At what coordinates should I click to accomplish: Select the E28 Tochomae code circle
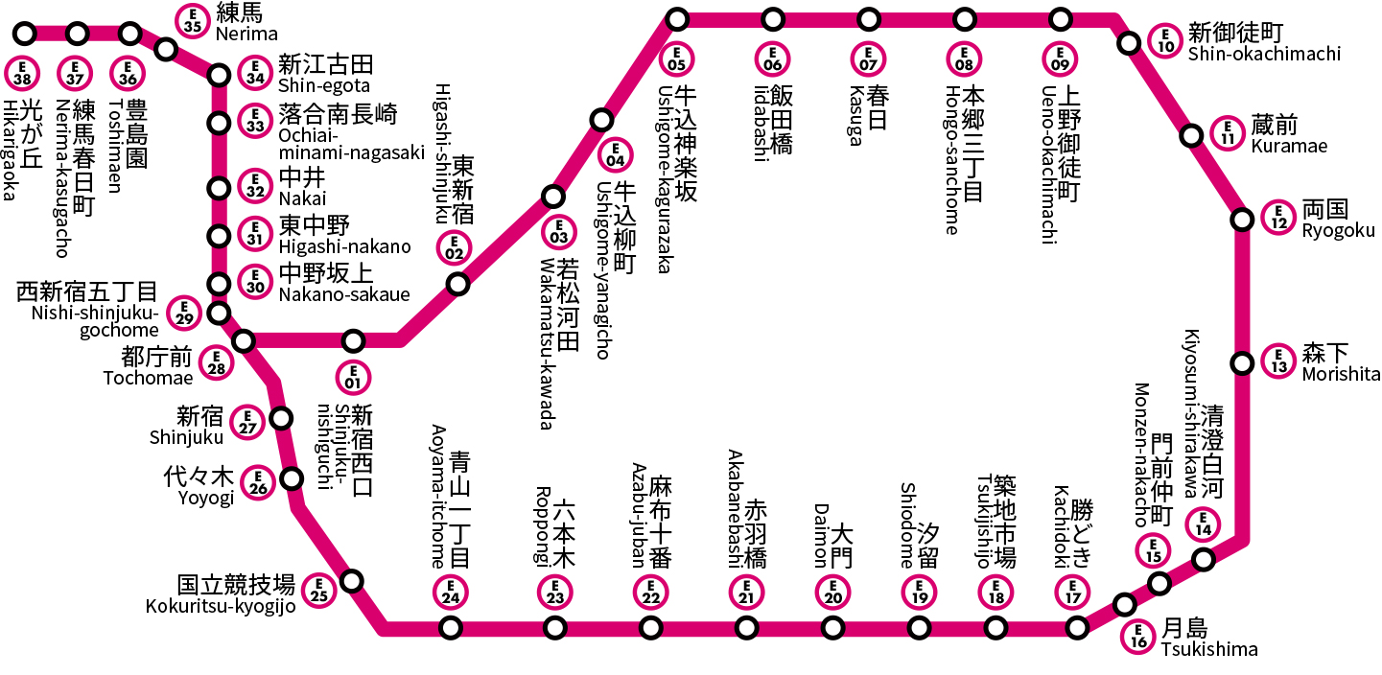[x=217, y=363]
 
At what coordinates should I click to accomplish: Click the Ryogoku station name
[x=1338, y=231]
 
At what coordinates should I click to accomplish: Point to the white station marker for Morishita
[x=1242, y=363]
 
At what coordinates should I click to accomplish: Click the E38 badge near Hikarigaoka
[x=25, y=71]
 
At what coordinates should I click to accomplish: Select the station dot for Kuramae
[x=1191, y=135]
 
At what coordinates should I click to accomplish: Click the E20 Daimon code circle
[x=832, y=592]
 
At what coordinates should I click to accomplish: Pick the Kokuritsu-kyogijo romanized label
[x=221, y=605]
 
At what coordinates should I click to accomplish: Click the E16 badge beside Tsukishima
[x=1138, y=637]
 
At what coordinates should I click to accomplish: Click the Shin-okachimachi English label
[x=1264, y=54]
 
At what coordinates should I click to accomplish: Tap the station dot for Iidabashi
[x=773, y=19]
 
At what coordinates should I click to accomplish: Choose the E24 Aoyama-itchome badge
[x=450, y=592]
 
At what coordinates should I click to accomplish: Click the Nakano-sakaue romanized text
[x=343, y=294]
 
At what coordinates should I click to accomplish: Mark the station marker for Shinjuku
[x=281, y=418]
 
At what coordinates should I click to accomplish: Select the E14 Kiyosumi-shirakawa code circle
[x=1203, y=524]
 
